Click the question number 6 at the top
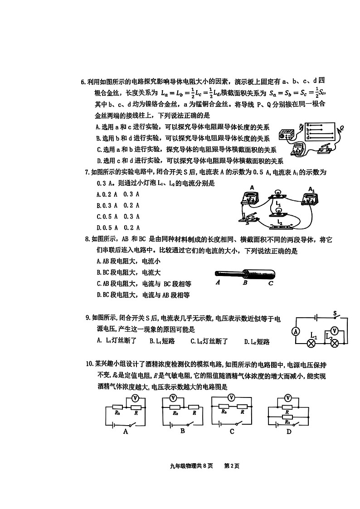tap(83, 82)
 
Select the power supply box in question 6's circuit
tap(287, 135)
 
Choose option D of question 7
tap(118, 228)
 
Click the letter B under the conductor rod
tap(245, 283)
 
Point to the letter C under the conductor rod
tap(270, 283)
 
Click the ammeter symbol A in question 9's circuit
tap(296, 331)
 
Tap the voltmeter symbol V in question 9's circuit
tap(335, 331)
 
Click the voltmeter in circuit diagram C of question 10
tap(231, 398)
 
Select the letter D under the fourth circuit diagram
tap(289, 432)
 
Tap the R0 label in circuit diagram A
tap(117, 412)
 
